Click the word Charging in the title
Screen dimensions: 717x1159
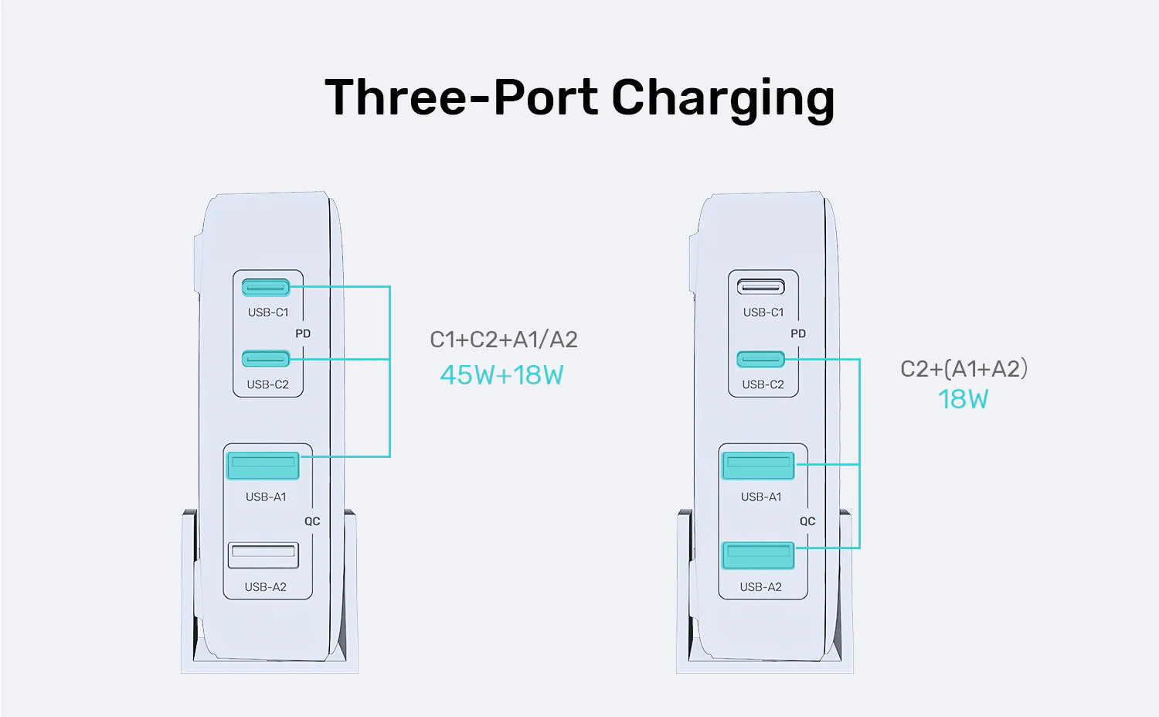pos(722,98)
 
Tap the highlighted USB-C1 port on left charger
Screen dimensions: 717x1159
pos(266,288)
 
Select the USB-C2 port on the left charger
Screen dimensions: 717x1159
pos(266,359)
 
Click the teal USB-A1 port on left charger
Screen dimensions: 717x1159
pos(263,466)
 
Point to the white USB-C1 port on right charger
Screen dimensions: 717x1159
pos(761,288)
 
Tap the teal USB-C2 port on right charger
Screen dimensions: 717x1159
pos(761,359)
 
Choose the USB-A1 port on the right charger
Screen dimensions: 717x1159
pos(758,466)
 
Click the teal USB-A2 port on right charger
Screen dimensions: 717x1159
pos(758,555)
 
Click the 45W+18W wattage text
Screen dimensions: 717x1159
pos(501,375)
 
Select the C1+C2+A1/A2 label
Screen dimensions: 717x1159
pos(503,340)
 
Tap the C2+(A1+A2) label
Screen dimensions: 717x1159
pos(964,369)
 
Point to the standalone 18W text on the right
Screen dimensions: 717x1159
pos(963,400)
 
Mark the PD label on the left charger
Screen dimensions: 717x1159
pos(303,333)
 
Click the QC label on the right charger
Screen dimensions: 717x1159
pos(807,521)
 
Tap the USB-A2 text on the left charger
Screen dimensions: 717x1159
pos(265,587)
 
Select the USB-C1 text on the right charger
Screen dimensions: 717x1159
pos(763,312)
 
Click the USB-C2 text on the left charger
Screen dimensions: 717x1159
pos(267,384)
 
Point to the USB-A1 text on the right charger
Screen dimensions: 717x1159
pos(761,497)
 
